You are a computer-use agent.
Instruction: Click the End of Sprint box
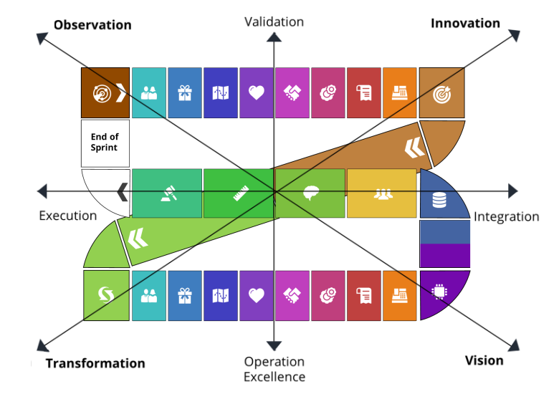click(105, 143)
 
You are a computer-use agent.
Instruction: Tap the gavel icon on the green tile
click(167, 194)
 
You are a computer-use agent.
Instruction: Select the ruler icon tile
click(239, 193)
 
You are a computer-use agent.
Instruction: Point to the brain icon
click(310, 193)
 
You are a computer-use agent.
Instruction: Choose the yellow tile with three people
click(382, 193)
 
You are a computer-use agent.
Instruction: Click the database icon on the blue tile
click(439, 200)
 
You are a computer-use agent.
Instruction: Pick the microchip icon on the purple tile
click(439, 292)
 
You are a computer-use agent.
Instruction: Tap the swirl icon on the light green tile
click(106, 294)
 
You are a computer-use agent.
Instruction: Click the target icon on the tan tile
click(441, 94)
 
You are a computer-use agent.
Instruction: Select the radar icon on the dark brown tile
click(100, 93)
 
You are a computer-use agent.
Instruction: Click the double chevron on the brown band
click(414, 148)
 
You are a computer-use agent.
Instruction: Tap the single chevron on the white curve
click(123, 192)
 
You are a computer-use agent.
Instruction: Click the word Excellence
click(274, 377)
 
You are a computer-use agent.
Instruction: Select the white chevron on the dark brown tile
click(120, 93)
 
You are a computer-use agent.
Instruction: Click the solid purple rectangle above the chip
click(445, 256)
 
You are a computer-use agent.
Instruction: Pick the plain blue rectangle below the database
click(445, 231)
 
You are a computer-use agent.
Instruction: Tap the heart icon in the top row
click(257, 93)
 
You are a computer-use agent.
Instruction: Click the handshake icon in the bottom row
click(292, 295)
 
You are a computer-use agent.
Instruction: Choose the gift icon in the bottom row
click(185, 295)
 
